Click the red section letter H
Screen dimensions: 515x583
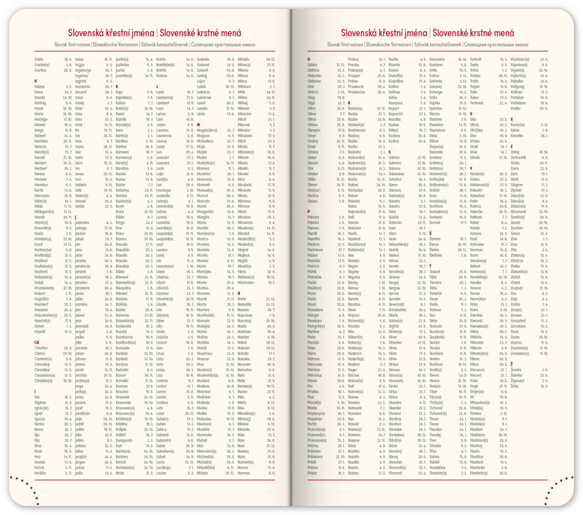click(36, 81)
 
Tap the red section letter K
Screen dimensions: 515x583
click(117, 86)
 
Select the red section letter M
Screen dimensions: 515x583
click(199, 125)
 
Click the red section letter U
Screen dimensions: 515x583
click(471, 114)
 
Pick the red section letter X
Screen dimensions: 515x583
click(512, 119)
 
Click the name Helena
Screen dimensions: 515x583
click(40, 125)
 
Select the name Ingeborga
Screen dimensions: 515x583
click(83, 70)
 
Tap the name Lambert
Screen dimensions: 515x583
click(164, 103)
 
